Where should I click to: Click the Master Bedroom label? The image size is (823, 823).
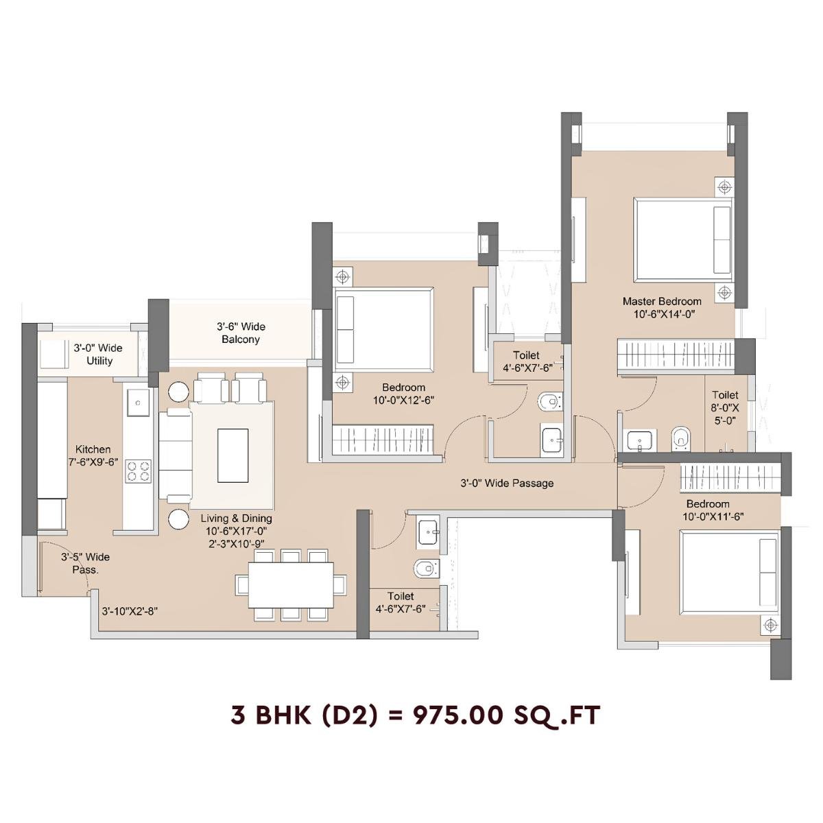click(x=662, y=301)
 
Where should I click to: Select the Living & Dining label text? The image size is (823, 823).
click(x=236, y=518)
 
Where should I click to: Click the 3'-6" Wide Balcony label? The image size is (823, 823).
click(x=241, y=333)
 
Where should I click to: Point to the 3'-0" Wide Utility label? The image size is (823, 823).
click(x=99, y=355)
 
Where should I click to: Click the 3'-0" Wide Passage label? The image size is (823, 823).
click(x=506, y=483)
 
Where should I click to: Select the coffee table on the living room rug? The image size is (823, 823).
click(x=232, y=455)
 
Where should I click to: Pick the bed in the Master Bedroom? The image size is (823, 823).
click(x=682, y=239)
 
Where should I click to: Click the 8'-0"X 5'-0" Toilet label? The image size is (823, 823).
click(x=725, y=408)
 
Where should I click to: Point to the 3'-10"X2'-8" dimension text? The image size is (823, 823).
click(x=130, y=611)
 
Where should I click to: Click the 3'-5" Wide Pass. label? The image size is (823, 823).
click(x=85, y=563)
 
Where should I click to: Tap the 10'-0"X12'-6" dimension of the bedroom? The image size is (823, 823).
click(x=404, y=400)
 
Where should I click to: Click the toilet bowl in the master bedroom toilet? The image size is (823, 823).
click(x=680, y=436)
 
